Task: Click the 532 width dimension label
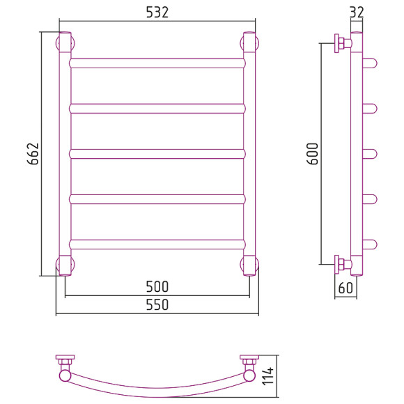tap(157, 12)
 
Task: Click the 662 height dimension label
tap(33, 153)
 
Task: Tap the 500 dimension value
tap(157, 286)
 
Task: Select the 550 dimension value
tap(157, 304)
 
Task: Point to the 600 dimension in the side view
tap(313, 153)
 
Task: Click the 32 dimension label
tap(357, 12)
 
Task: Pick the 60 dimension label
tap(345, 288)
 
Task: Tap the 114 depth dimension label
tap(268, 376)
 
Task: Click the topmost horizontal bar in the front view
tap(157, 63)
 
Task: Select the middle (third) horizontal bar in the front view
tap(157, 154)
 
